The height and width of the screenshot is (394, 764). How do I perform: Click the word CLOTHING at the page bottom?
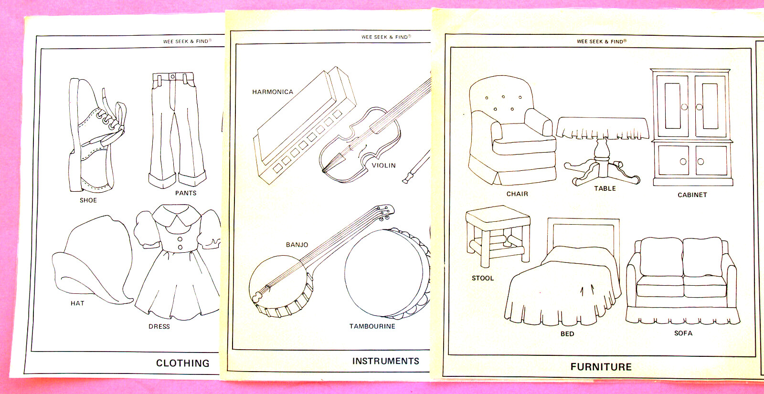pyautogui.click(x=183, y=363)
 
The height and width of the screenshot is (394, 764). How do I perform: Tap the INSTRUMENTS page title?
pyautogui.click(x=386, y=361)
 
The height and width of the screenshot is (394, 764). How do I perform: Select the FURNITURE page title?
pyautogui.click(x=601, y=367)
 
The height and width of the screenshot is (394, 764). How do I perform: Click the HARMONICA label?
pyautogui.click(x=273, y=92)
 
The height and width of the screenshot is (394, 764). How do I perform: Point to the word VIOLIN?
pyautogui.click(x=384, y=166)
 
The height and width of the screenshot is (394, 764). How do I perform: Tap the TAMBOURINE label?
pyautogui.click(x=372, y=326)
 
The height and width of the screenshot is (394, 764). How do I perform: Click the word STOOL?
pyautogui.click(x=483, y=278)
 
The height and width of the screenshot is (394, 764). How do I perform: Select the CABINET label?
pyautogui.click(x=692, y=195)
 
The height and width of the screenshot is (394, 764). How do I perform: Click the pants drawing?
pyautogui.click(x=177, y=130)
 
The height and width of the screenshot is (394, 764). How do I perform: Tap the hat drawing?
pyautogui.click(x=92, y=259)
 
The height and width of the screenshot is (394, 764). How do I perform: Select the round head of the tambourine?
pyautogui.click(x=384, y=273)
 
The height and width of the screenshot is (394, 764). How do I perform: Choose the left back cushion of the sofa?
pyautogui.click(x=661, y=257)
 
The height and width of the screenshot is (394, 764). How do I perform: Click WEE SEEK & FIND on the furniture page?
pyautogui.click(x=600, y=41)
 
